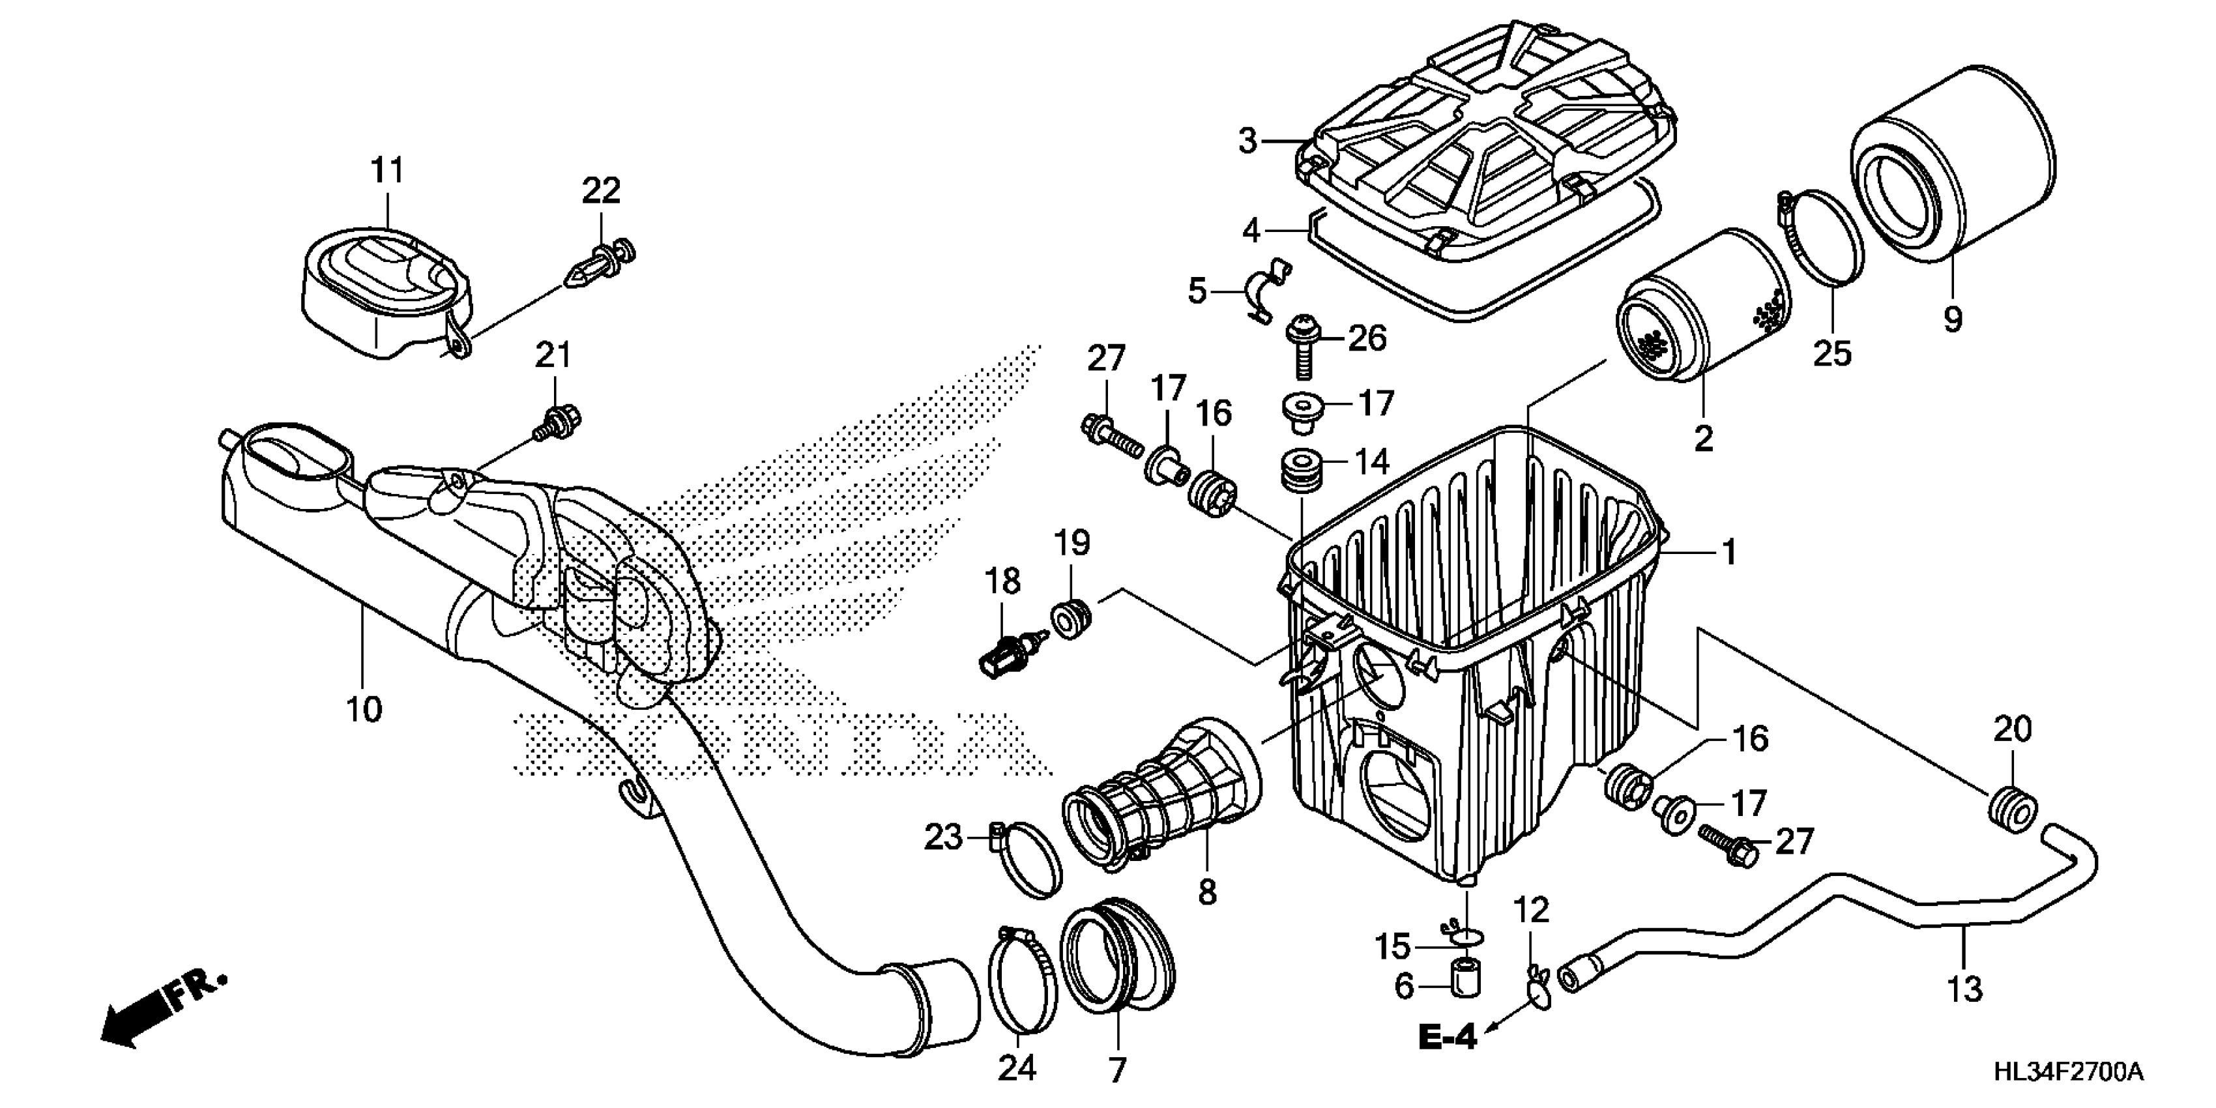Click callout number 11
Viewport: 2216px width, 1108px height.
(x=386, y=171)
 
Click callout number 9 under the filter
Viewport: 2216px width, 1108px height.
(x=1953, y=319)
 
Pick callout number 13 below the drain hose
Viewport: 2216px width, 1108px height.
(x=1966, y=989)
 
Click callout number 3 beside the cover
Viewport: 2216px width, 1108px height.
(x=1248, y=140)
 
